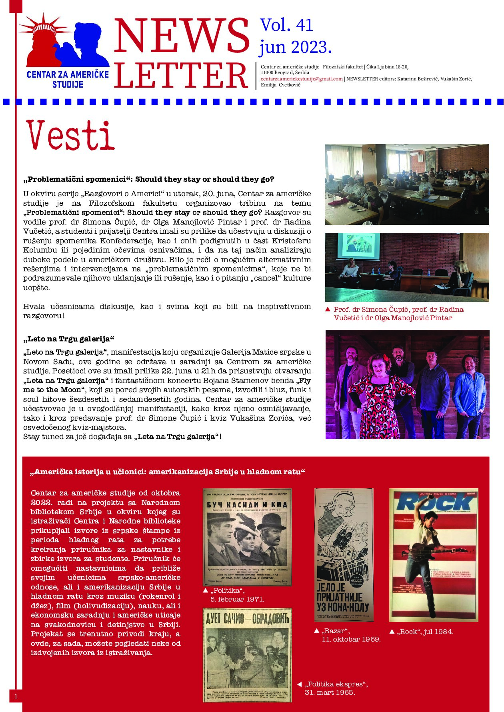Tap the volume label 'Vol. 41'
point(286,26)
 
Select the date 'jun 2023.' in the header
point(296,47)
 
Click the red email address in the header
point(302,79)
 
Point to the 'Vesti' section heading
point(71,135)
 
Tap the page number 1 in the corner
point(16,697)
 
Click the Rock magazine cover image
point(434,555)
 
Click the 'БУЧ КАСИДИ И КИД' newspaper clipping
point(247,537)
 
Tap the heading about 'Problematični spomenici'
point(149,179)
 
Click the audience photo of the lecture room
point(407,185)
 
